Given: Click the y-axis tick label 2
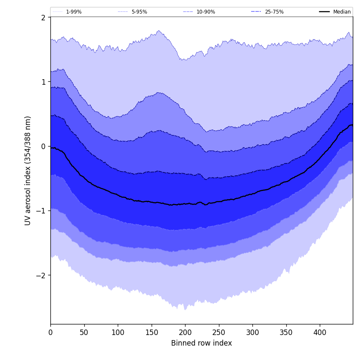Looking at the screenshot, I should [x=43, y=17].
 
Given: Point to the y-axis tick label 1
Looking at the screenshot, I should [x=43, y=82].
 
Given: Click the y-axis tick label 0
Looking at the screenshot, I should [x=43, y=146].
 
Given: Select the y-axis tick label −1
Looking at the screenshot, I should [x=41, y=211].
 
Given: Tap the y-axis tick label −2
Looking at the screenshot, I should [x=41, y=275].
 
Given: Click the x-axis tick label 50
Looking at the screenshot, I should [x=84, y=332].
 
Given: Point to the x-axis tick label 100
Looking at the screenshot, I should [x=118, y=332].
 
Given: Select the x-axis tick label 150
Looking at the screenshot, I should [x=152, y=332].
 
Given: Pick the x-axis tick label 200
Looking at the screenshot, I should [x=185, y=332].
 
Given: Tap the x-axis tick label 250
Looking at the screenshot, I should [x=219, y=332].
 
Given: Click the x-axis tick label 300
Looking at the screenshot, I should [x=252, y=332].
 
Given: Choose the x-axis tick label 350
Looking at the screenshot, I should [x=286, y=332].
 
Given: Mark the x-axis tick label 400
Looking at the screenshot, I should [x=320, y=332].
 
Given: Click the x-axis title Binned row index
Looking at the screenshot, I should [x=202, y=343].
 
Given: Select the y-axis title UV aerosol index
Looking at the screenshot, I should [x=28, y=171].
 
